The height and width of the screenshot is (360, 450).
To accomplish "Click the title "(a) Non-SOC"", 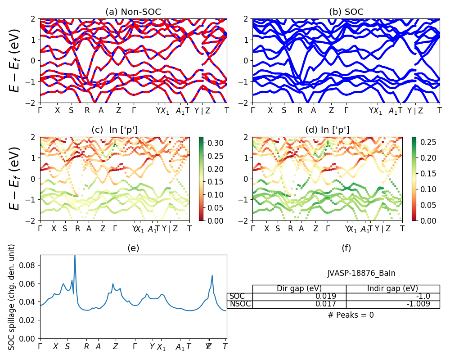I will click(133, 12).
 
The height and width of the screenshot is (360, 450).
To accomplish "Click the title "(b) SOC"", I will click(346, 12).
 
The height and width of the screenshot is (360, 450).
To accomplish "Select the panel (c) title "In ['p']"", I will click(114, 130).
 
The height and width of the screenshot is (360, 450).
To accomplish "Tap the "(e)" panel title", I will click(133, 248).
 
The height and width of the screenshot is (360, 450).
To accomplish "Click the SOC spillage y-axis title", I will click(12, 297).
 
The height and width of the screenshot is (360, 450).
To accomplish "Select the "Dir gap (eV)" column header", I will click(299, 288).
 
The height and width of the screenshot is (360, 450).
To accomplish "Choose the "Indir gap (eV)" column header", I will click(392, 288).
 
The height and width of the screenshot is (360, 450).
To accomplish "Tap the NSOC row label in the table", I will click(239, 304).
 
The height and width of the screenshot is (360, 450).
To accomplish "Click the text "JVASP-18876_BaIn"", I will click(361, 273).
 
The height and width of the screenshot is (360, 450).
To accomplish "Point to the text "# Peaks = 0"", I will click(351, 315).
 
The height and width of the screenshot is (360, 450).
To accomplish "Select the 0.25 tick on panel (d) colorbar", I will click(425, 142).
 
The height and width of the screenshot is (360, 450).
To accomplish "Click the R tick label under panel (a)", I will click(87, 110).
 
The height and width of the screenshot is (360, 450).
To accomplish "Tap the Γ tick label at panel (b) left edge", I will click(253, 110).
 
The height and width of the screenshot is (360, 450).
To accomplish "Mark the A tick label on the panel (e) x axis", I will click(98, 346).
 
